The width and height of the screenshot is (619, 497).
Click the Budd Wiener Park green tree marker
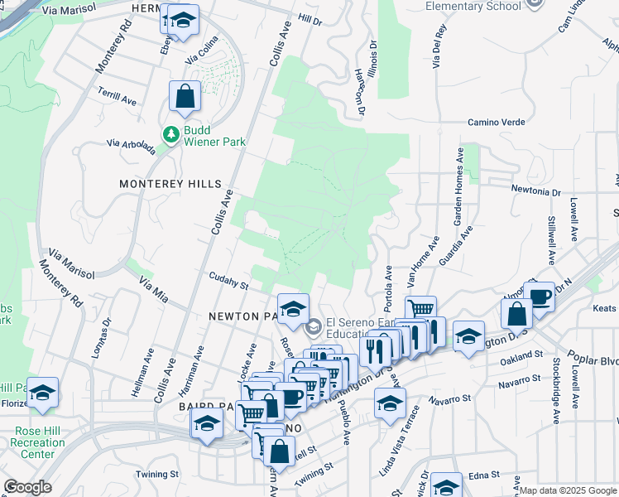click(x=171, y=134)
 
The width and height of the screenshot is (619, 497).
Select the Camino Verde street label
click(x=497, y=123)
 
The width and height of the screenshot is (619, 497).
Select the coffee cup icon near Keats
click(x=539, y=296)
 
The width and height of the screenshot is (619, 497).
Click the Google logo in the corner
click(x=26, y=487)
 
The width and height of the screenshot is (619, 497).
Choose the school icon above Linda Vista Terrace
click(x=390, y=403)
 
